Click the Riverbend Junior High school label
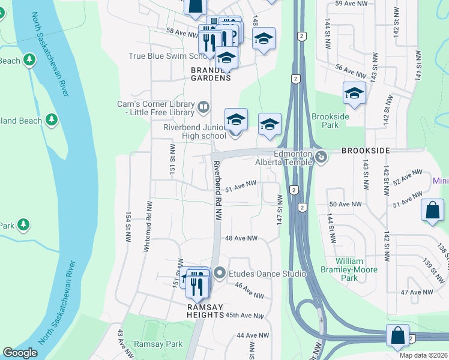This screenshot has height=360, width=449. pos(195,131)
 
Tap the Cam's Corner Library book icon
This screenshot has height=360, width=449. pos(203,108)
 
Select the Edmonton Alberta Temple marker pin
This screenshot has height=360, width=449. pos(322,157)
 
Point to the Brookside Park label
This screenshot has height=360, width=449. pos(325,121)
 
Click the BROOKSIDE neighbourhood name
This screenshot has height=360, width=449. pos(366,150)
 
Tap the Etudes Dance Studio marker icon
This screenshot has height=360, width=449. pos(220,274)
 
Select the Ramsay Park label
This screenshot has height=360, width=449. pos(158,344)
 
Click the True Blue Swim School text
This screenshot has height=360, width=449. pos(168,56)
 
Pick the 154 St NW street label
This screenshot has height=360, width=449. pos(128,227)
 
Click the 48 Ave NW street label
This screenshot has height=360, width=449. pos(241,239)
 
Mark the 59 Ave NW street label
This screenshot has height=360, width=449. pos(351,4)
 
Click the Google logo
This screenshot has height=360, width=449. pos(20,353)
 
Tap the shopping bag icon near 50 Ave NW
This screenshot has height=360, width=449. pos(432,211)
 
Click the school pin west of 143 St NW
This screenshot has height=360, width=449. pos(354,94)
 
